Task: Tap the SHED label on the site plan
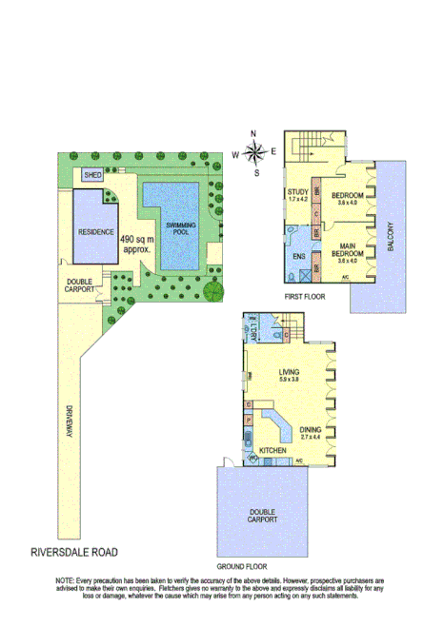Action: click(92, 176)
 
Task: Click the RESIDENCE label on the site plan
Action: click(96, 232)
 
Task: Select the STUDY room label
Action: click(298, 195)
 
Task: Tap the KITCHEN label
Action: click(272, 450)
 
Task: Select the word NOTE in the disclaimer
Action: click(66, 579)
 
